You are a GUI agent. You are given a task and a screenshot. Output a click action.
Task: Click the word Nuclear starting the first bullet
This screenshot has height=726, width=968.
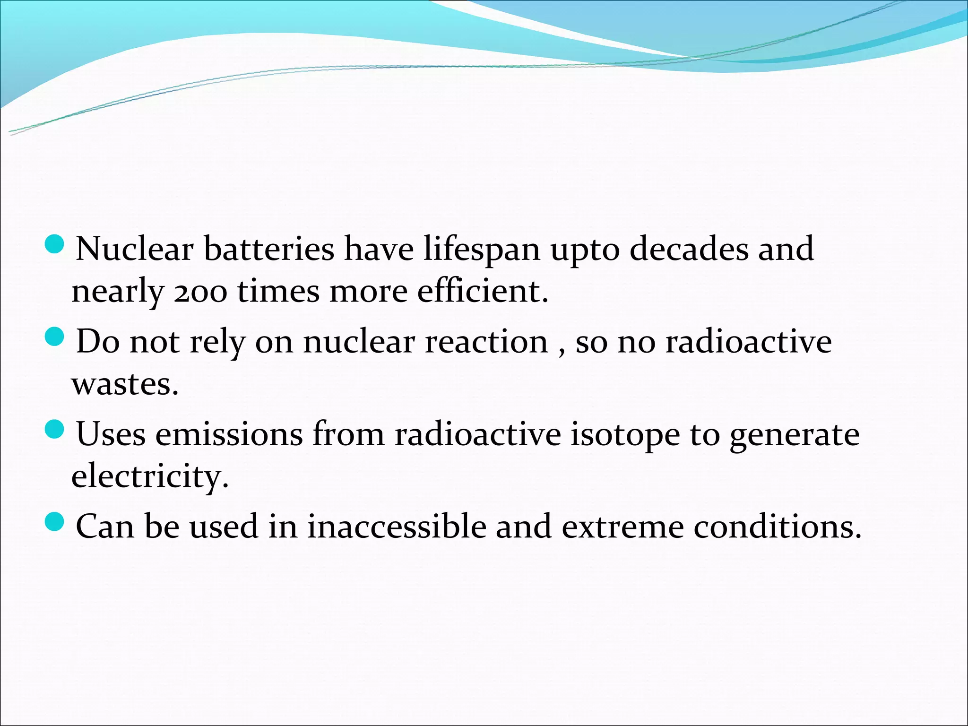134,249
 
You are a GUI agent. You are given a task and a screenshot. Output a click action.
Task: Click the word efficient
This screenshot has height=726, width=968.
482,291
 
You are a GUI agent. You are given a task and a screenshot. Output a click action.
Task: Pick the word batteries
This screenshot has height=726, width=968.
268,249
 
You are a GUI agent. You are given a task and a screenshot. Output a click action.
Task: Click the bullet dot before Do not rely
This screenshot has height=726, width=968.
55,337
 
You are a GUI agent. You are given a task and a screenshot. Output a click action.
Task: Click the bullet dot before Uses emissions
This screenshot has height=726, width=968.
55,430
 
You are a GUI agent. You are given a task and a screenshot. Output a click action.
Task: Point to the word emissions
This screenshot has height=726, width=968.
229,434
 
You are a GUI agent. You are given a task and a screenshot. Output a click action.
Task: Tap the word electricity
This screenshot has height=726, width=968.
150,476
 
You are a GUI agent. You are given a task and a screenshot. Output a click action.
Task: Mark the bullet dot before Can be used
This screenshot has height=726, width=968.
55,522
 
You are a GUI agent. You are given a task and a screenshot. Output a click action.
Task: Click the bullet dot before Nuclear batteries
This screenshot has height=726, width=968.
55,245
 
